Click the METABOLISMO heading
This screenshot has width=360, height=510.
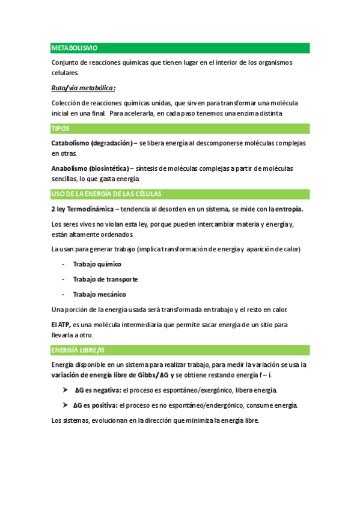75,48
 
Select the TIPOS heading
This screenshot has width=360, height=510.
60,128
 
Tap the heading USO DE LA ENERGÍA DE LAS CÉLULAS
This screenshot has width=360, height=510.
106,194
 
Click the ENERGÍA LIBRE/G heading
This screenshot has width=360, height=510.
79,349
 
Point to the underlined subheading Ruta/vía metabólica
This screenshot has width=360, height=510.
83,88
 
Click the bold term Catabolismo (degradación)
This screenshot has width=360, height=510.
92,143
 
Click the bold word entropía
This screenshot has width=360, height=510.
285,209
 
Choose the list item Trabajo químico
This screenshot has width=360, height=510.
97,264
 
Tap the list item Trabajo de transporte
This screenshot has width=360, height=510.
105,279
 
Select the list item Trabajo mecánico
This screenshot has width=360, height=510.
99,295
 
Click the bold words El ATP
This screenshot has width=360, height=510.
61,325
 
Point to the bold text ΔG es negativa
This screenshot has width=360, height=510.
97,390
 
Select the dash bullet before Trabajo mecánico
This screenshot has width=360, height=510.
64,295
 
